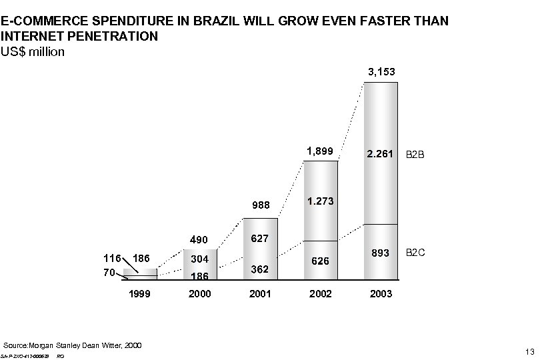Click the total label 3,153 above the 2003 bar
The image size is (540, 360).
pyautogui.click(x=380, y=71)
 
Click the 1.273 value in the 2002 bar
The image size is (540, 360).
pyautogui.click(x=321, y=201)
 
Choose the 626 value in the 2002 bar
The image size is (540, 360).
pyautogui.click(x=321, y=261)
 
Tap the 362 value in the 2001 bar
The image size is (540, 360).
pyautogui.click(x=260, y=269)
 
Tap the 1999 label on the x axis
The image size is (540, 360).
pyautogui.click(x=139, y=294)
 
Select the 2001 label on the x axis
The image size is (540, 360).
pyautogui.click(x=260, y=294)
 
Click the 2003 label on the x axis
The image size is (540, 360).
pyautogui.click(x=381, y=294)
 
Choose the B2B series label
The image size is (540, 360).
pyautogui.click(x=416, y=155)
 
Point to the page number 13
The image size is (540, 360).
pyautogui.click(x=530, y=351)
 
